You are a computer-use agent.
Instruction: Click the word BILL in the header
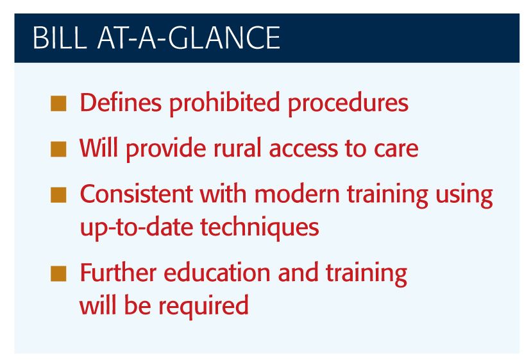click(60, 38)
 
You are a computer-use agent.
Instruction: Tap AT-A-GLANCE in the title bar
click(189, 38)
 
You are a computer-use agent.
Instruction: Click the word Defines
click(121, 102)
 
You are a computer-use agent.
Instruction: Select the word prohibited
click(224, 104)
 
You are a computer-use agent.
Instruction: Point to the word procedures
click(348, 104)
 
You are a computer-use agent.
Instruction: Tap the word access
click(303, 149)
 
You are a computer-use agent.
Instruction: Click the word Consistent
click(136, 194)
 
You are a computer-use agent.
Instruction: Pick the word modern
click(297, 194)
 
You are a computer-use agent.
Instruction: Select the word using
click(464, 196)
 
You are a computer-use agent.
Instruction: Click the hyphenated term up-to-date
click(137, 228)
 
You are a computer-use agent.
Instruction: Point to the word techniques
click(260, 228)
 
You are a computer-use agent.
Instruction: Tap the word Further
click(118, 272)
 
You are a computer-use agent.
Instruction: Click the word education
click(217, 272)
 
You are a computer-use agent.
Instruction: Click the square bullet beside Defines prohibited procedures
click(58, 104)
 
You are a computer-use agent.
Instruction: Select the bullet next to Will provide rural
click(58, 149)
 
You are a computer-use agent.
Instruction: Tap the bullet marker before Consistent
click(58, 195)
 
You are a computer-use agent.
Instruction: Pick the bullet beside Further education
click(58, 274)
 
